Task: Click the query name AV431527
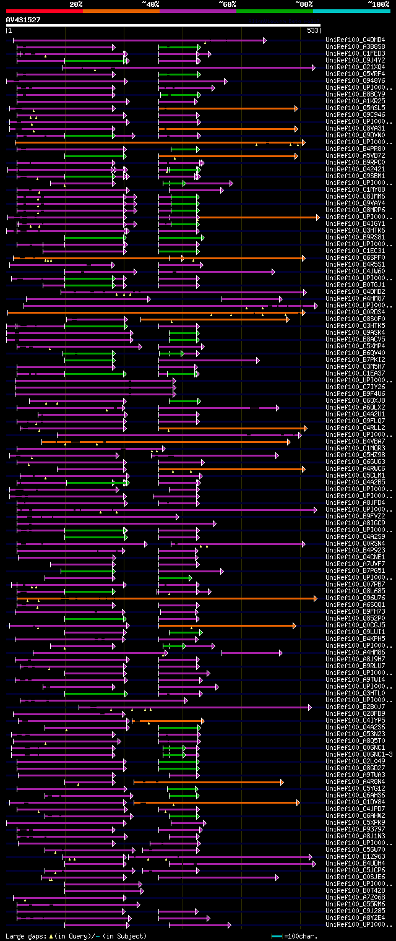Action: [23, 20]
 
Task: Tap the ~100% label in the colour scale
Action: [378, 4]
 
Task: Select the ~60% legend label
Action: [227, 4]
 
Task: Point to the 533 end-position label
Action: [312, 30]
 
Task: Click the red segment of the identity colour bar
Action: [43, 11]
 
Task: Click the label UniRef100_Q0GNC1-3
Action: [358, 755]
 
